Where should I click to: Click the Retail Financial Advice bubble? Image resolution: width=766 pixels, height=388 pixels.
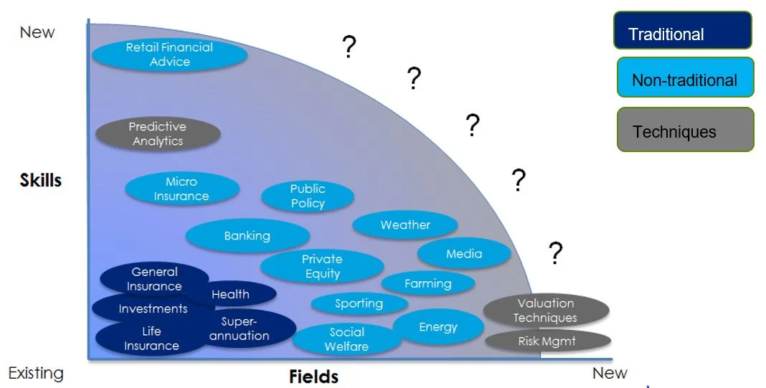point(170,55)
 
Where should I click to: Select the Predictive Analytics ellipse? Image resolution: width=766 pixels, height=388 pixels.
point(158,134)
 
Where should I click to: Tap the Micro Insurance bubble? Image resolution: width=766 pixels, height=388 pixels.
point(181,189)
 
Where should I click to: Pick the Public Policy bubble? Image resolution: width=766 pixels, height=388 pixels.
point(308,197)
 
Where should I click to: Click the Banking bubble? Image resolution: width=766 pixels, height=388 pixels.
point(247,236)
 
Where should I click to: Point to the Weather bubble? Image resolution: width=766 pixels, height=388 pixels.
point(405,225)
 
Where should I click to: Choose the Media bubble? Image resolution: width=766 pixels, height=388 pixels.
point(464,254)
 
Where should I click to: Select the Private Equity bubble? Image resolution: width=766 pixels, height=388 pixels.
point(322,266)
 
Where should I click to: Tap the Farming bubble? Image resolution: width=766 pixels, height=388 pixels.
point(428,283)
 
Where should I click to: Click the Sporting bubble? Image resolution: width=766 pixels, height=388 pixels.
point(359,303)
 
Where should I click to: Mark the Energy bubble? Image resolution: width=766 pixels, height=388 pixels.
point(438,327)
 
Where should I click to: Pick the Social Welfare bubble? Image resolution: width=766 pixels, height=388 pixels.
point(347,339)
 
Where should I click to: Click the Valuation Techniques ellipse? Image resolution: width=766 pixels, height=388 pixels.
point(546,311)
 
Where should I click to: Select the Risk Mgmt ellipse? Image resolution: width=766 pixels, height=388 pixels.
point(547,341)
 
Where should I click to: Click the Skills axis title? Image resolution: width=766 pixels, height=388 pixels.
point(41,180)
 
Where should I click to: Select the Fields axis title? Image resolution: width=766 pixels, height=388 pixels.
point(313,376)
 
